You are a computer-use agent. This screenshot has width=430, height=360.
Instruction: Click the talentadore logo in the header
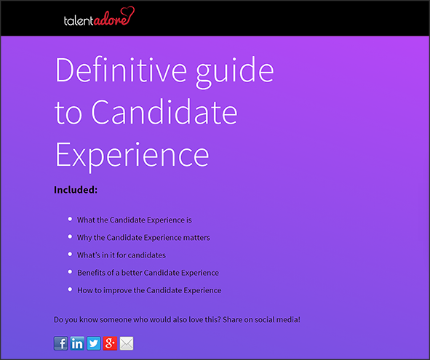click(99, 17)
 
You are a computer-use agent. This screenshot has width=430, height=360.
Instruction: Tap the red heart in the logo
click(128, 12)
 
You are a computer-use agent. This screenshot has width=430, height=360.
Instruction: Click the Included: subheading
click(76, 190)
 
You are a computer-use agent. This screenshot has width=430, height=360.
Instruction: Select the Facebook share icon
click(61, 343)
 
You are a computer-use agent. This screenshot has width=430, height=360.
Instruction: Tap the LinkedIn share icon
click(77, 343)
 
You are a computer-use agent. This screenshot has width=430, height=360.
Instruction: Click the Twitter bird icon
click(94, 343)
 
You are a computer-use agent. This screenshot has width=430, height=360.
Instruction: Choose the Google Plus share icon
click(110, 343)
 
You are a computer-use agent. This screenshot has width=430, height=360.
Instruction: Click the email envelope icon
click(127, 343)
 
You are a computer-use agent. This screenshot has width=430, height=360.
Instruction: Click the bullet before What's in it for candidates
click(70, 255)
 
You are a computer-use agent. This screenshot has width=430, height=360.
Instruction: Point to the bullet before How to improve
click(70, 289)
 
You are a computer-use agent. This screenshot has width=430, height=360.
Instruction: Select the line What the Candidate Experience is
click(134, 220)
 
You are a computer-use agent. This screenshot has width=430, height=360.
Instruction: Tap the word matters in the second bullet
click(196, 237)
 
